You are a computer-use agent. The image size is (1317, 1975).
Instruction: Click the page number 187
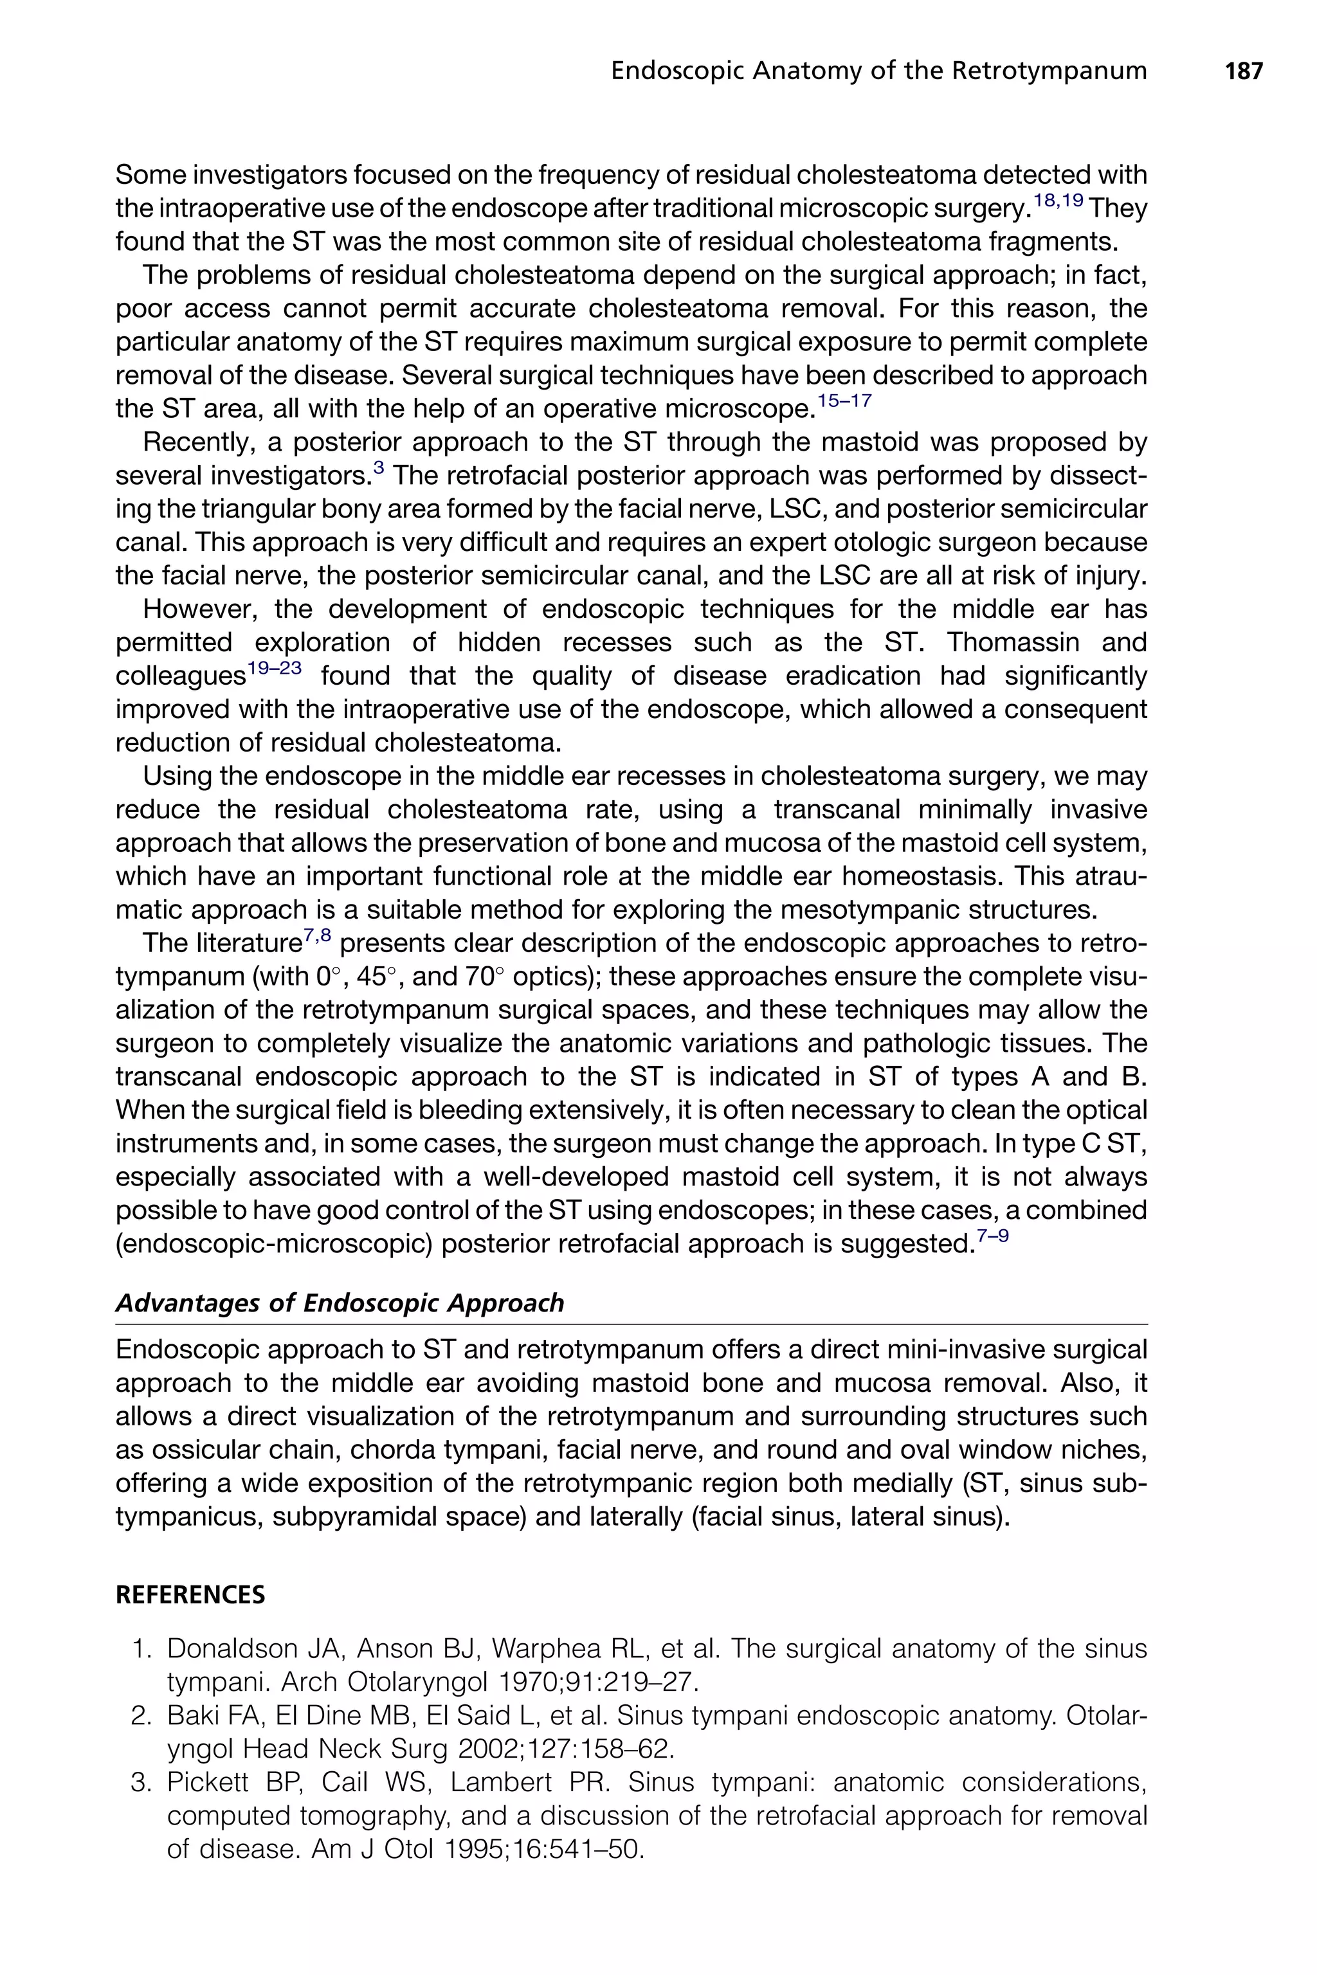pos(1243,71)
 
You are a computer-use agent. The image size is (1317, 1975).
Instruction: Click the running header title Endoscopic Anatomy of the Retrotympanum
pos(878,71)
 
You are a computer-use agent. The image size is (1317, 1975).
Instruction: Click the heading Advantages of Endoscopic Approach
pos(340,1303)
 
